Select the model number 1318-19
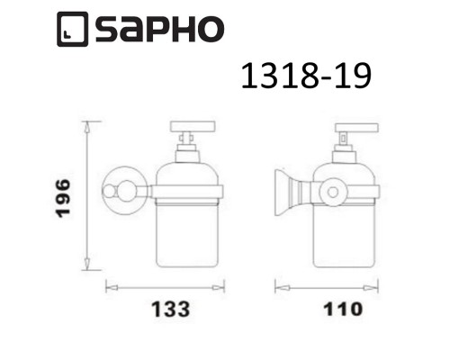(305, 78)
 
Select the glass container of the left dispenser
(190, 225)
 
